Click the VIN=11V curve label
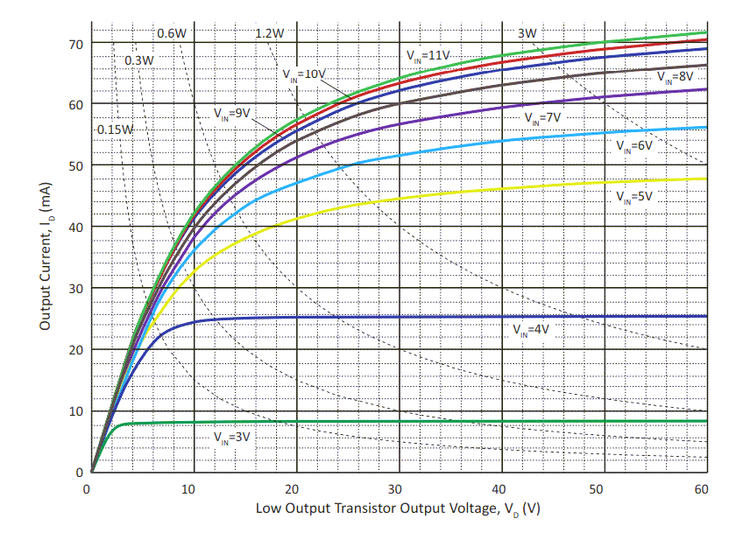point(428,55)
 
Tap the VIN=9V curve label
point(232,113)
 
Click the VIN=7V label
point(542,116)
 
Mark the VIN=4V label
point(531,330)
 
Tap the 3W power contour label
point(527,34)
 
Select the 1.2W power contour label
point(270,34)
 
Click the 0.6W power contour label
point(172,34)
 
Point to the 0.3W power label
point(139,60)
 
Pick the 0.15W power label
point(115,130)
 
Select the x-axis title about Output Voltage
point(398,508)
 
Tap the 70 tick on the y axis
point(74,43)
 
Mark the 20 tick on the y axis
point(74,350)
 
